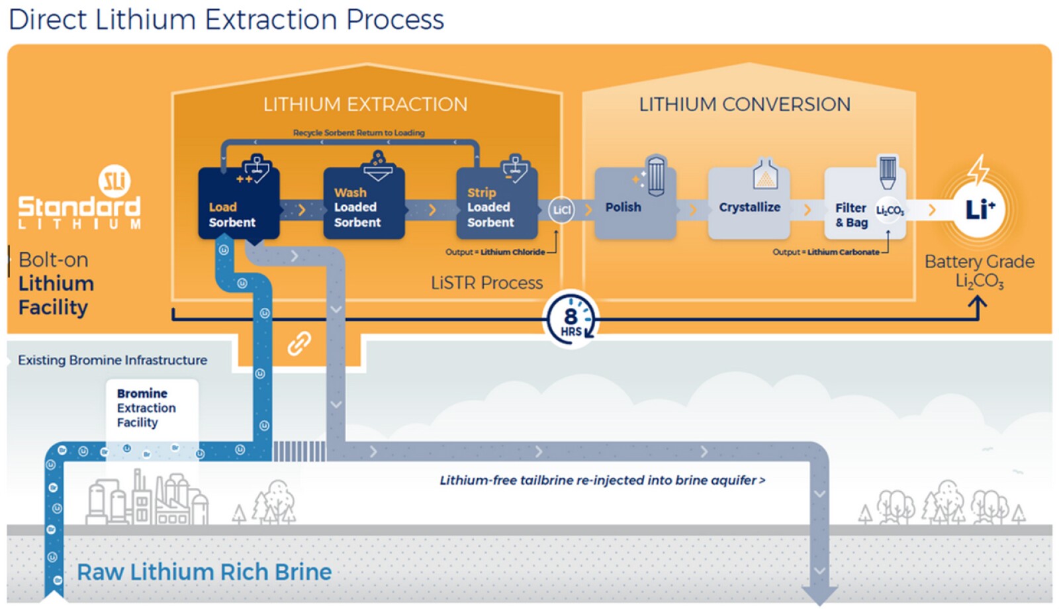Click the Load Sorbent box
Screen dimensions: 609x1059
coord(238,205)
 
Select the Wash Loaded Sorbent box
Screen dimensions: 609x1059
coord(363,205)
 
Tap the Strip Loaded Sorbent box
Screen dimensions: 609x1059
coord(496,205)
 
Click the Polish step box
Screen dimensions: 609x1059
coord(634,205)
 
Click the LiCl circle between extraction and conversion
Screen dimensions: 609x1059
coord(561,210)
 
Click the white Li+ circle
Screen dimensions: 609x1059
coord(980,210)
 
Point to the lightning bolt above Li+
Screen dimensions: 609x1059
coord(978,169)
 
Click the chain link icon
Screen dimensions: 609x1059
coord(299,343)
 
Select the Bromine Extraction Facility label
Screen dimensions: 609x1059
coord(146,408)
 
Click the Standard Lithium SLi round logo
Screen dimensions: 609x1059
coord(115,180)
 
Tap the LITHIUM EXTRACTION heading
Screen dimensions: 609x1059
coord(365,105)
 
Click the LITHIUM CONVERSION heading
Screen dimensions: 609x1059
coord(745,105)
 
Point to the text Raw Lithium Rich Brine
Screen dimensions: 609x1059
coord(204,572)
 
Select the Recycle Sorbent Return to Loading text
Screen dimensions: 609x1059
coord(359,132)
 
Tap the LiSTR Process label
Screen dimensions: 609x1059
coord(486,283)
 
